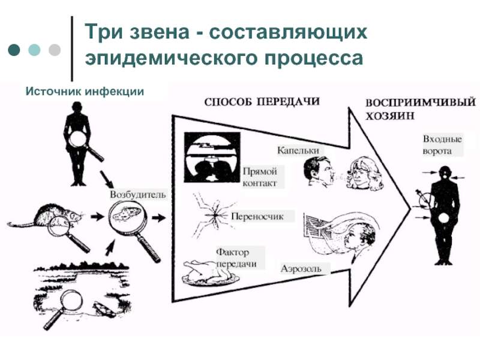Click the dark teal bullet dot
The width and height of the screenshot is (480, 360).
pos(14,50)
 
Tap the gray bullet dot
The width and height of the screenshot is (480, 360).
pos(55,50)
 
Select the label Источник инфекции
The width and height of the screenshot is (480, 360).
pos(85,91)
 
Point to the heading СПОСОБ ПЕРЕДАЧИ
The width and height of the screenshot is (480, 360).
pos(262,101)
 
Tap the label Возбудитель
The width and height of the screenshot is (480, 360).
pos(138,194)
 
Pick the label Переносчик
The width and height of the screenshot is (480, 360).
pos(257,217)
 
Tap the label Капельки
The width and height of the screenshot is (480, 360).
pos(298,151)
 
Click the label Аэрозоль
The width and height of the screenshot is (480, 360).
pos(301,268)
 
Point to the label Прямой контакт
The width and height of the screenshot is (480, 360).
pos(260,177)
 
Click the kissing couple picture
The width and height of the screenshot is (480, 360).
pos(212,157)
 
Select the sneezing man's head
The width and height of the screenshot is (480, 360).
pos(319,172)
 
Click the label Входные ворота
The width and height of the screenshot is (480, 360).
pos(442,145)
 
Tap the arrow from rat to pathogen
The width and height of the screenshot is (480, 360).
pos(98,217)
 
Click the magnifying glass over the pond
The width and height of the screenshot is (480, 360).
pos(64,308)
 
